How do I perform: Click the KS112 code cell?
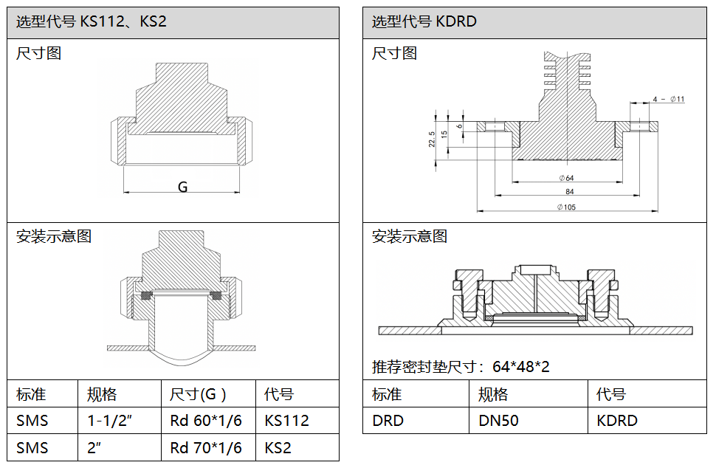[286, 421]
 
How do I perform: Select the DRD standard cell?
[388, 421]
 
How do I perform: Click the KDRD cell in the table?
[616, 421]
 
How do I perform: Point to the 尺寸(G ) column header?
[198, 394]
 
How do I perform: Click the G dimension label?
[182, 187]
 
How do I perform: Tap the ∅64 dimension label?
[566, 178]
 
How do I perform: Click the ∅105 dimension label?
[566, 207]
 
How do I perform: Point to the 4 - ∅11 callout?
[668, 99]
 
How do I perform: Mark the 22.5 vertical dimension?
[433, 139]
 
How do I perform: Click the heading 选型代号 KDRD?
[424, 22]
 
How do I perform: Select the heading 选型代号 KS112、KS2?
[92, 22]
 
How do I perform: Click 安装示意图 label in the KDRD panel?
[410, 236]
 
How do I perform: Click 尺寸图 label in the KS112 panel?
[38, 53]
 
